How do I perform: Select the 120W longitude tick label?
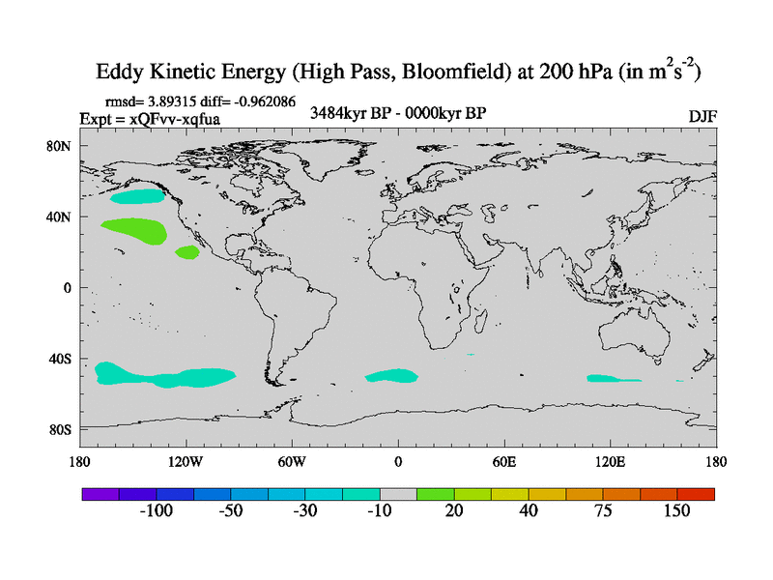click(185, 461)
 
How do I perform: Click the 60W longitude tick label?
click(292, 461)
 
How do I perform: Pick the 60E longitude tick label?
click(504, 461)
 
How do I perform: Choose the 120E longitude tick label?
click(611, 461)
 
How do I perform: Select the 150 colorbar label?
click(676, 511)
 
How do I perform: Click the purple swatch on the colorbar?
click(100, 493)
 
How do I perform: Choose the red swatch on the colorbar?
click(696, 493)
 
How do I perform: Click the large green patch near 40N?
click(134, 230)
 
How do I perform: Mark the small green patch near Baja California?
click(186, 252)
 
